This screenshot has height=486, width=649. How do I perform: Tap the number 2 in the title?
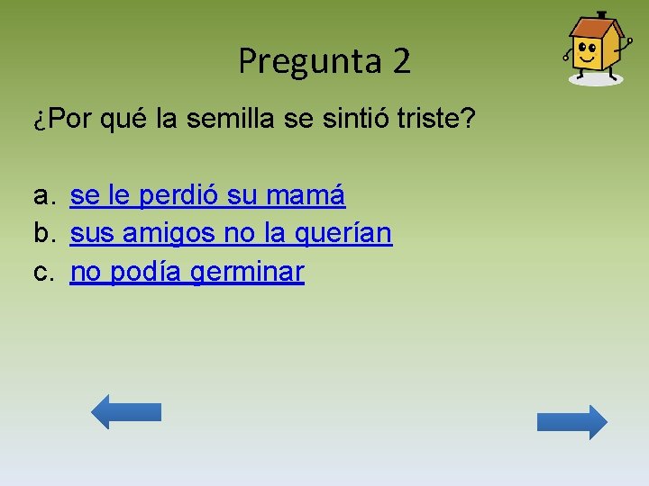402,61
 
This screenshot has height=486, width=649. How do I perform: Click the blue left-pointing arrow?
126,411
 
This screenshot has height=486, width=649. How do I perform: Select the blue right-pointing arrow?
571,422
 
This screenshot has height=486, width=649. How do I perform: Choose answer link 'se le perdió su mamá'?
207,194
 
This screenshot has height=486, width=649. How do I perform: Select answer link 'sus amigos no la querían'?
231,233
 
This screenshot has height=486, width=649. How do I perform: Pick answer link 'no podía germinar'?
187,272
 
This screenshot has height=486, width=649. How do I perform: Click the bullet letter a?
42,195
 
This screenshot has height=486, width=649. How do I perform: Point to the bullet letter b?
42,234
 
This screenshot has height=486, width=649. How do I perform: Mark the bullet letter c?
42,273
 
